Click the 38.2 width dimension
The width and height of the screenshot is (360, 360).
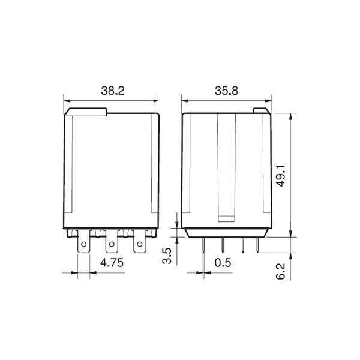click(113, 91)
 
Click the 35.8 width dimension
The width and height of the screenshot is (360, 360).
click(226, 91)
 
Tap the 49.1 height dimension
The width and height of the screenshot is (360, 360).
click(281, 176)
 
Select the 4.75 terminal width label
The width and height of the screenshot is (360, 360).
click(112, 263)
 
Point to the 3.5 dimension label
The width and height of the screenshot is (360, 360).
click(167, 256)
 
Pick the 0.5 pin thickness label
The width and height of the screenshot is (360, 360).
click(223, 263)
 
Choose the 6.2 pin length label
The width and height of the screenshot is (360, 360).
click(280, 271)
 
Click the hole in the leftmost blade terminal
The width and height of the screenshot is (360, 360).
click(84, 244)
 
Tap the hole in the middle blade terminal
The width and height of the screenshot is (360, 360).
click(112, 244)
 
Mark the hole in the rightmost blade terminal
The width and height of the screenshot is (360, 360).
click(140, 244)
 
